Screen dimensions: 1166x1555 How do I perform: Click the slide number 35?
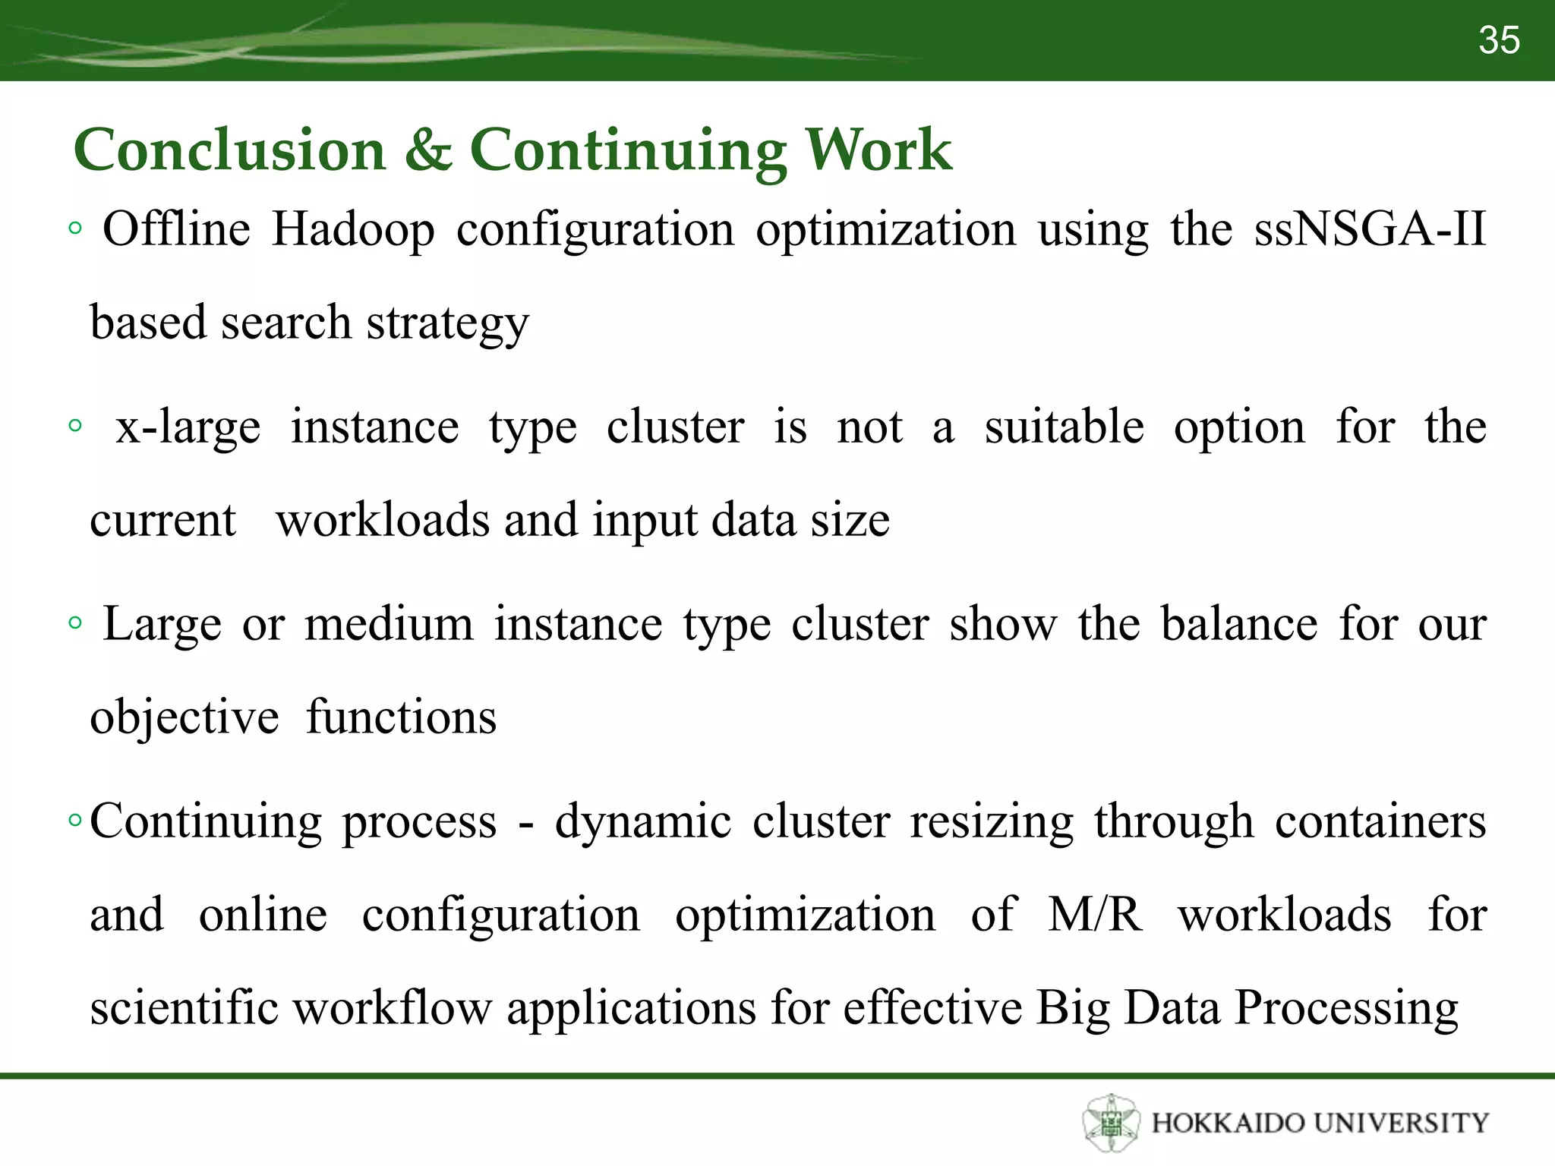pos(1499,40)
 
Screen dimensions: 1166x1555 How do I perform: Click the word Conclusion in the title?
pos(230,150)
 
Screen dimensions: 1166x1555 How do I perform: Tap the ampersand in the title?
pos(427,150)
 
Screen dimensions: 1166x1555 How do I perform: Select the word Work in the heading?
pos(878,150)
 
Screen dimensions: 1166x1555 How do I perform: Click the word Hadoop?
pos(353,230)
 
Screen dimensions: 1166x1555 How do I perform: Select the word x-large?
pos(188,427)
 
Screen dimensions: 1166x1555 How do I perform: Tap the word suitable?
pos(1064,427)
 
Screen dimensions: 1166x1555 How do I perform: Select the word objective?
pos(185,718)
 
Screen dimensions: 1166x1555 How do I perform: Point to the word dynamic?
pos(642,822)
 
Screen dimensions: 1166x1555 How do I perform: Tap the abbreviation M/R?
pos(1094,915)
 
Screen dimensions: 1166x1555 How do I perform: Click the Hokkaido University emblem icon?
pos(1112,1123)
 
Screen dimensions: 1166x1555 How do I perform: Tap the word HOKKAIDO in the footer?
pos(1227,1123)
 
